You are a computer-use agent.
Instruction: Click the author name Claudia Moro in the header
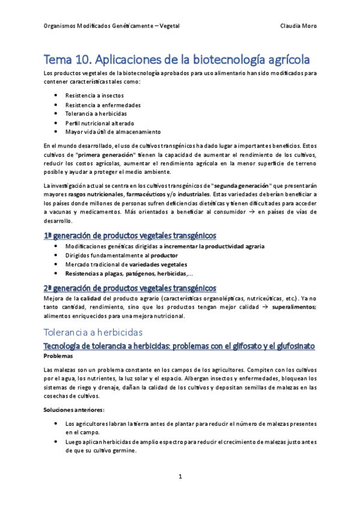point(298,26)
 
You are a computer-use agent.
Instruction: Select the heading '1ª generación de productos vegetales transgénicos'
point(130,235)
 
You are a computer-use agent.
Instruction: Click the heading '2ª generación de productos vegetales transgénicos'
point(130,287)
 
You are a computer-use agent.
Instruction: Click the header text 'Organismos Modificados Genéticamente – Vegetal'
point(112,26)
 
